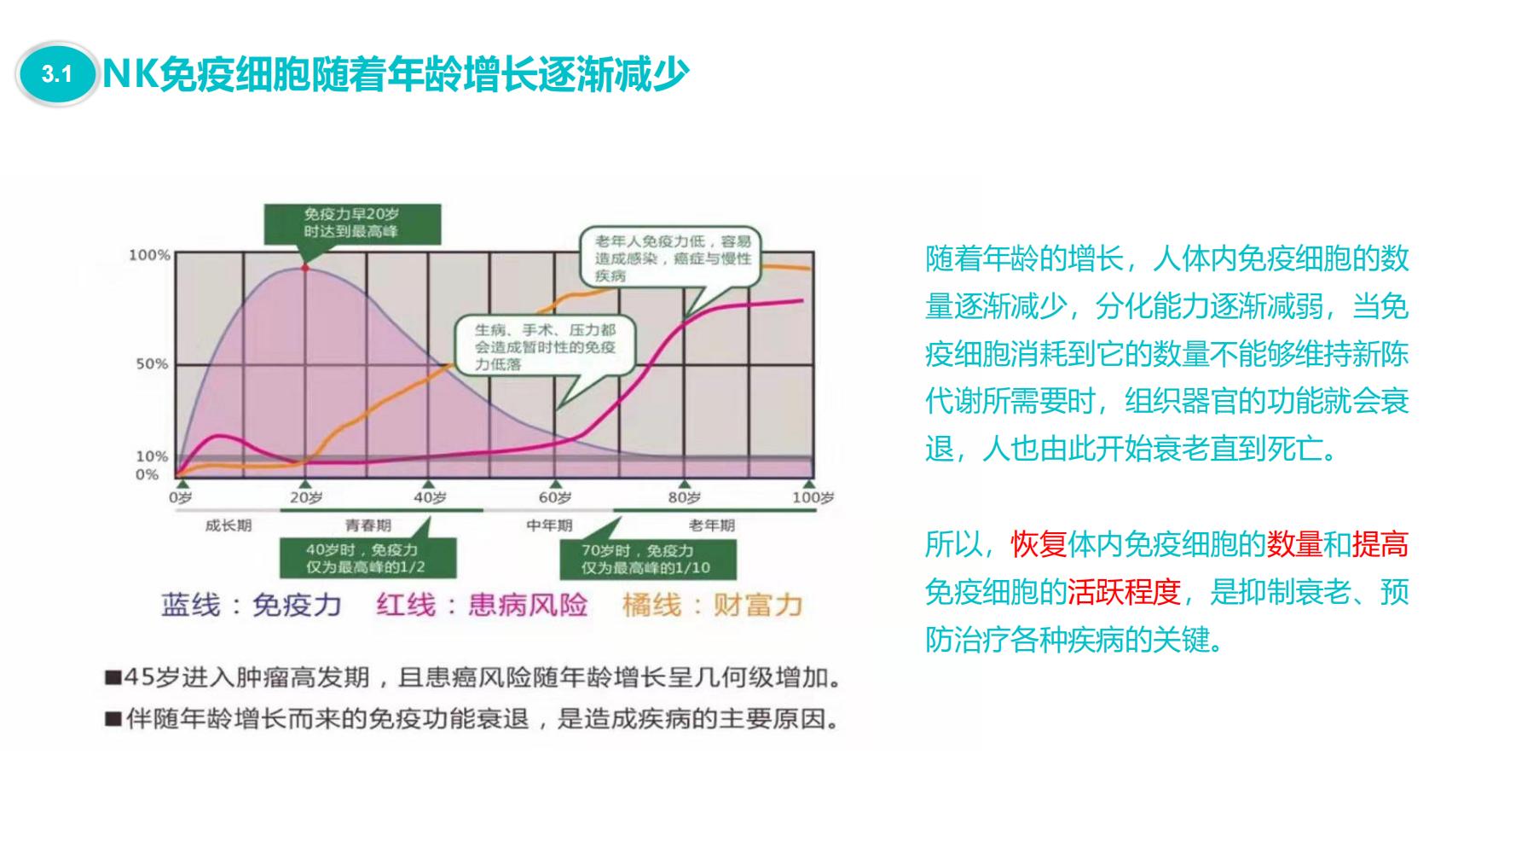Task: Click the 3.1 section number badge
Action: point(56,75)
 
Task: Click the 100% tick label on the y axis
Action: point(149,255)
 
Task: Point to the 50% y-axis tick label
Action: point(153,364)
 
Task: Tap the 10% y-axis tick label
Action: point(153,456)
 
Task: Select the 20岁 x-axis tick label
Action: point(306,497)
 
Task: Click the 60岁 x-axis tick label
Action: point(555,497)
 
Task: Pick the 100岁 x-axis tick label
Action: point(813,497)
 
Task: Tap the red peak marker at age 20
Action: point(304,268)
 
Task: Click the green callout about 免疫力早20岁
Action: point(352,223)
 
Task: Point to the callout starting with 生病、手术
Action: point(546,347)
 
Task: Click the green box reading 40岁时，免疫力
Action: point(368,559)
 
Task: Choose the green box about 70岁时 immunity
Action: point(646,559)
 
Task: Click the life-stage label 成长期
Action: point(229,525)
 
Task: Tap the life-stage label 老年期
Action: point(712,525)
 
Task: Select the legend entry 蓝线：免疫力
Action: point(252,606)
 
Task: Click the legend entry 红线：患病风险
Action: point(482,606)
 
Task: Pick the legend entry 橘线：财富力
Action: point(713,606)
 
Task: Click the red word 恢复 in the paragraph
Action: point(1039,543)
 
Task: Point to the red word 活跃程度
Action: point(1125,591)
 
